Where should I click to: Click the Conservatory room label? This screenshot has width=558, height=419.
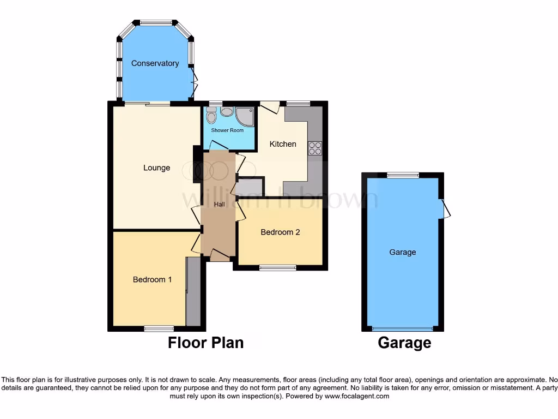point(155,63)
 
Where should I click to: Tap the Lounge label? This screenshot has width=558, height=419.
point(157,167)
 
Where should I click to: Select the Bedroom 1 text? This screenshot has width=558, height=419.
point(153,279)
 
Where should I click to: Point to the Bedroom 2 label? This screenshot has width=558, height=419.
point(280,232)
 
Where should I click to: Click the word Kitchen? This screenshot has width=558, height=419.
point(283,144)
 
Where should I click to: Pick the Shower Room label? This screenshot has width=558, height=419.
point(227,130)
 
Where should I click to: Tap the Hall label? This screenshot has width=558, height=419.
point(220,204)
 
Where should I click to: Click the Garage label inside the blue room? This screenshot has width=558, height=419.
point(403,252)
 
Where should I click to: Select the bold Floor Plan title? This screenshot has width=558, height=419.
point(205,343)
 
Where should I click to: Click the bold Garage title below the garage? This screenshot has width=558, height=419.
point(404,343)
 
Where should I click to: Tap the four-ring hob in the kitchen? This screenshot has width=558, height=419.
point(315,148)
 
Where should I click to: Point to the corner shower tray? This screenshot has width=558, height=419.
point(245,116)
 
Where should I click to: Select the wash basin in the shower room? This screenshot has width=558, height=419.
point(226,112)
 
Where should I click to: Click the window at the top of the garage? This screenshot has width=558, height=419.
point(403,175)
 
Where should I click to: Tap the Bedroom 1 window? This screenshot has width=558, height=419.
point(159,328)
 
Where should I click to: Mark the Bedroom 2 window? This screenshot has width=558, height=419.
point(277,267)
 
